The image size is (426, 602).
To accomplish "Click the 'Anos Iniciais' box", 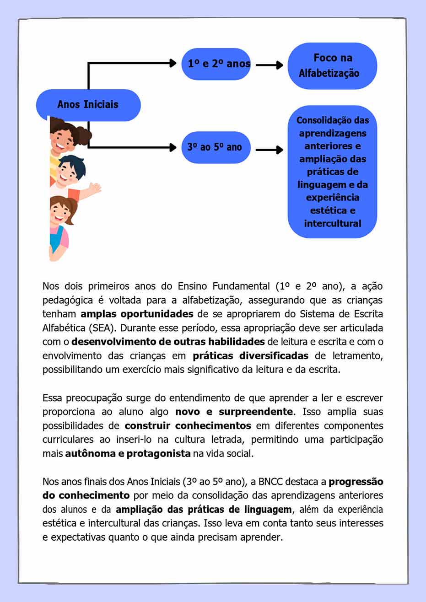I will (x=88, y=105).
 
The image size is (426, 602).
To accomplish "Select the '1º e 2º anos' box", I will (x=216, y=64).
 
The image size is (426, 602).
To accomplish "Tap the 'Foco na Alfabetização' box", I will (x=332, y=66).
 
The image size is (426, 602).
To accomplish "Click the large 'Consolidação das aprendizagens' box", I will (x=332, y=172).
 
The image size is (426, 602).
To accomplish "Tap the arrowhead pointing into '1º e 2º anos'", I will (x=173, y=63).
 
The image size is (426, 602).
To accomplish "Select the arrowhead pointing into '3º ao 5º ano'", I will (x=173, y=147).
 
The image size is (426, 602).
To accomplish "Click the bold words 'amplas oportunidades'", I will (x=137, y=314).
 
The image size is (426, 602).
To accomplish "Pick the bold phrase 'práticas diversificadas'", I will (x=250, y=356).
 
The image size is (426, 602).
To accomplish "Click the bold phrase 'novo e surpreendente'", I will (x=234, y=412).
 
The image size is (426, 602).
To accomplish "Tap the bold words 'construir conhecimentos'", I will (x=188, y=426).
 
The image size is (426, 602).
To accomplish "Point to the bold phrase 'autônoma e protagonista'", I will (x=128, y=454).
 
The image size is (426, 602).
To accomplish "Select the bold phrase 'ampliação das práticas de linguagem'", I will (x=203, y=510).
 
